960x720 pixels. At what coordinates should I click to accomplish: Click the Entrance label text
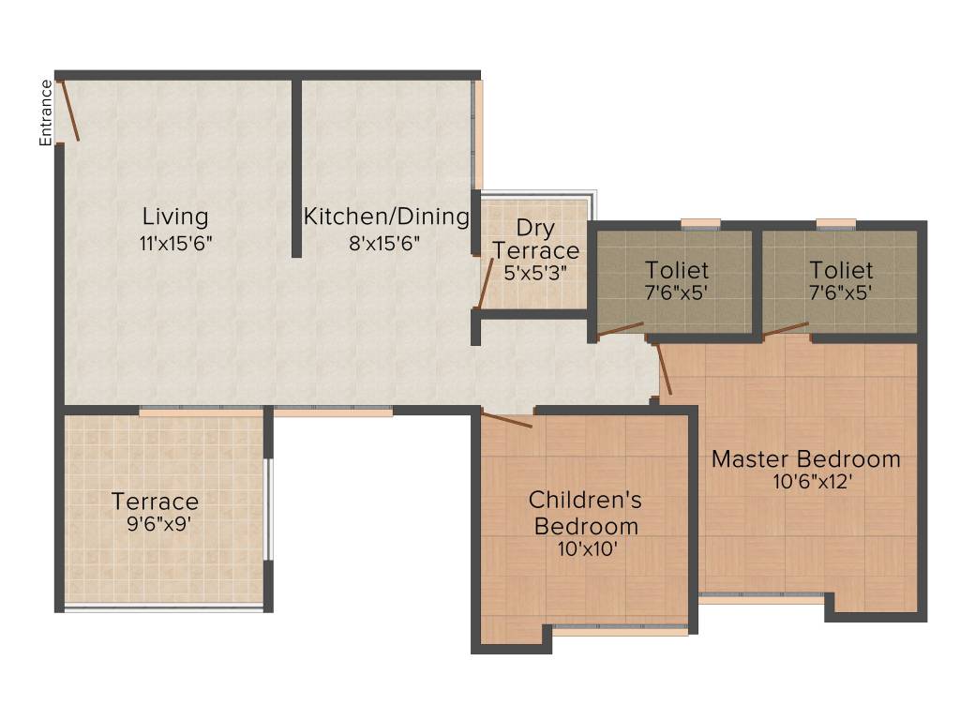(x=45, y=112)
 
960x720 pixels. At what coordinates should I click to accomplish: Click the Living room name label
(x=175, y=217)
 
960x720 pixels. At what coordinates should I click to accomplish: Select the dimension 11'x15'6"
(x=175, y=243)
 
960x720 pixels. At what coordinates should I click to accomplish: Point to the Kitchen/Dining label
(x=385, y=217)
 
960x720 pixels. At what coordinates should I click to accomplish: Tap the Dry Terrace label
(x=536, y=240)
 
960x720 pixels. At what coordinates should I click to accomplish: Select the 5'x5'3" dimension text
(x=535, y=274)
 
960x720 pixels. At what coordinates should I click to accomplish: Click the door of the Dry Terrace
(x=485, y=284)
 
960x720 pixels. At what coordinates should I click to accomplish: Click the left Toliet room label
(x=676, y=271)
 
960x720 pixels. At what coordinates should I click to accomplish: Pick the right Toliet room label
(x=841, y=271)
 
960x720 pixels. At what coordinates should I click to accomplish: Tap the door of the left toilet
(x=621, y=328)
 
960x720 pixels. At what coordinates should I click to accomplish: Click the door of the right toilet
(x=786, y=328)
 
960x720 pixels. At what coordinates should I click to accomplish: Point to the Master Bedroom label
(x=805, y=459)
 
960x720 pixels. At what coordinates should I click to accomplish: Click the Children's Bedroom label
(x=586, y=512)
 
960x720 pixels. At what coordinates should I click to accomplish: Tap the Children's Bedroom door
(x=506, y=419)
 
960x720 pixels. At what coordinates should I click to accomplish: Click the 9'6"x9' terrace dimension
(x=159, y=524)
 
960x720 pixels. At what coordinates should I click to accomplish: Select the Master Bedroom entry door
(x=665, y=369)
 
